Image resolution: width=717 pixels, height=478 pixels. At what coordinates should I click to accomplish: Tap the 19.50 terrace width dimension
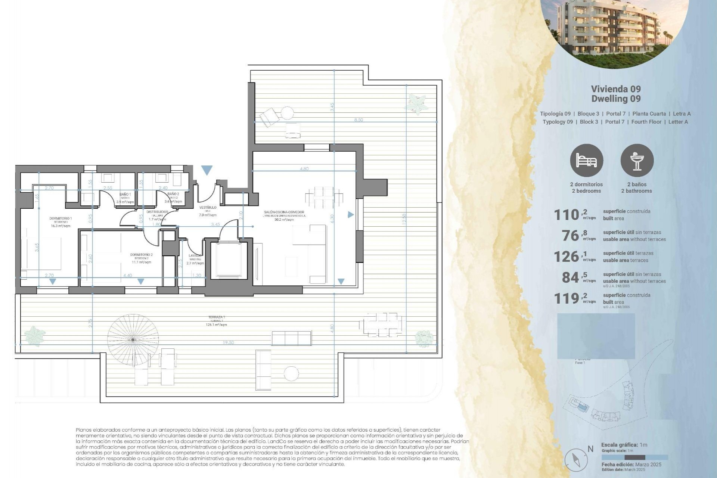pos(228,342)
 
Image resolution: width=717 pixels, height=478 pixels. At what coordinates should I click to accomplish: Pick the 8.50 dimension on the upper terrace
pos(358,120)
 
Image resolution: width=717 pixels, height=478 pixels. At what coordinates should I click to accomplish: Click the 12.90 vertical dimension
pos(404,219)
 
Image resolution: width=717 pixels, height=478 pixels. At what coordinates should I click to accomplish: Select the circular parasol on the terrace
pos(133,339)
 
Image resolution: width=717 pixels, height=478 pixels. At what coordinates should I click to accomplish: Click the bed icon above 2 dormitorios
pos(586,161)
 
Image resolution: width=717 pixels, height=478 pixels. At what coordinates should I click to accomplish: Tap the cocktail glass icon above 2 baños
pos(637,161)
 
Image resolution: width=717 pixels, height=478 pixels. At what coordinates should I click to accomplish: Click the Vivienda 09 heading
pos(616,89)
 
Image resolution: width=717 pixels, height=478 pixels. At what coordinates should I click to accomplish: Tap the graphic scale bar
pos(634,457)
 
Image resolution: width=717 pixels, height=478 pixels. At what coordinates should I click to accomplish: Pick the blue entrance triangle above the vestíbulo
pos(207,170)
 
